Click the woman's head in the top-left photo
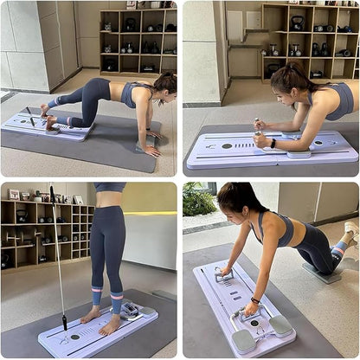click(x=164, y=85)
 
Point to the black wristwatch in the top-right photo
click(x=273, y=143)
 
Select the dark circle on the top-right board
click(x=227, y=145)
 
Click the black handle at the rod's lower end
click(x=63, y=323)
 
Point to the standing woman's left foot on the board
click(x=109, y=325)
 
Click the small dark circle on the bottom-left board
click(x=74, y=337)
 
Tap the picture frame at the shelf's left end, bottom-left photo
click(x=14, y=195)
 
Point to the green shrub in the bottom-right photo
click(x=198, y=199)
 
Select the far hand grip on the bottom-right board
click(x=223, y=276)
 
